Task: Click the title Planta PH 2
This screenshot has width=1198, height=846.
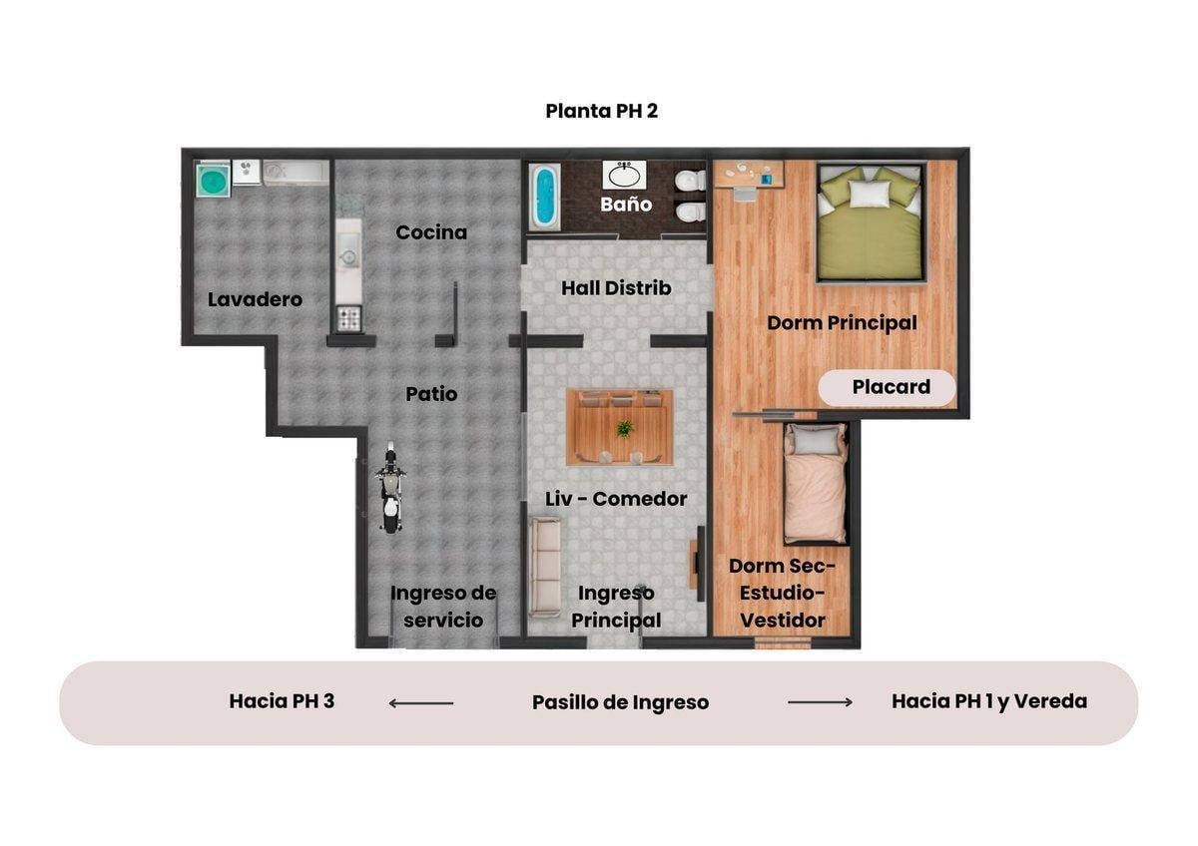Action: pos(601,111)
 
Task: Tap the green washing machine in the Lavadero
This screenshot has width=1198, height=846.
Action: pos(214,181)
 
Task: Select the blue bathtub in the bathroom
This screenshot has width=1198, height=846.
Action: pos(545,197)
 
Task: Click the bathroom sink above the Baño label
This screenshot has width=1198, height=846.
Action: pos(624,175)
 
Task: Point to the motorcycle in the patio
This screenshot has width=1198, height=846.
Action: pos(391,487)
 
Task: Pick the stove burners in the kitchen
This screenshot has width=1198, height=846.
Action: pos(348,318)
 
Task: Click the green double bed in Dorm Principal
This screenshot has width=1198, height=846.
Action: pos(871,222)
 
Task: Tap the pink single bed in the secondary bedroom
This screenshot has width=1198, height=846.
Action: pos(816,483)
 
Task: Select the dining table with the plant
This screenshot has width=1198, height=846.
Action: pos(619,428)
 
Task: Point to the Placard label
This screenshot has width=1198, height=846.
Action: pos(891,387)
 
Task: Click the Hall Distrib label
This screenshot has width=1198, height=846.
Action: pos(616,288)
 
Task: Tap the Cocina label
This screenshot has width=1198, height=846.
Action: pos(431,232)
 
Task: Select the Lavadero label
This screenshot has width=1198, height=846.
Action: pos(255,299)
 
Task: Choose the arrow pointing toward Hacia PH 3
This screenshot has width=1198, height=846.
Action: pos(421,703)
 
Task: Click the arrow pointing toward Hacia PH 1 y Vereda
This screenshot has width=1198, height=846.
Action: pos(821,702)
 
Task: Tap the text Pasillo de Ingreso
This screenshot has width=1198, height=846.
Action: pos(620,702)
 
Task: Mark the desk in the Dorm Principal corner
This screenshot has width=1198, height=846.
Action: pos(749,177)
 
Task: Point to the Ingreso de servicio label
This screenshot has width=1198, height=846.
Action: pos(443,607)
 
